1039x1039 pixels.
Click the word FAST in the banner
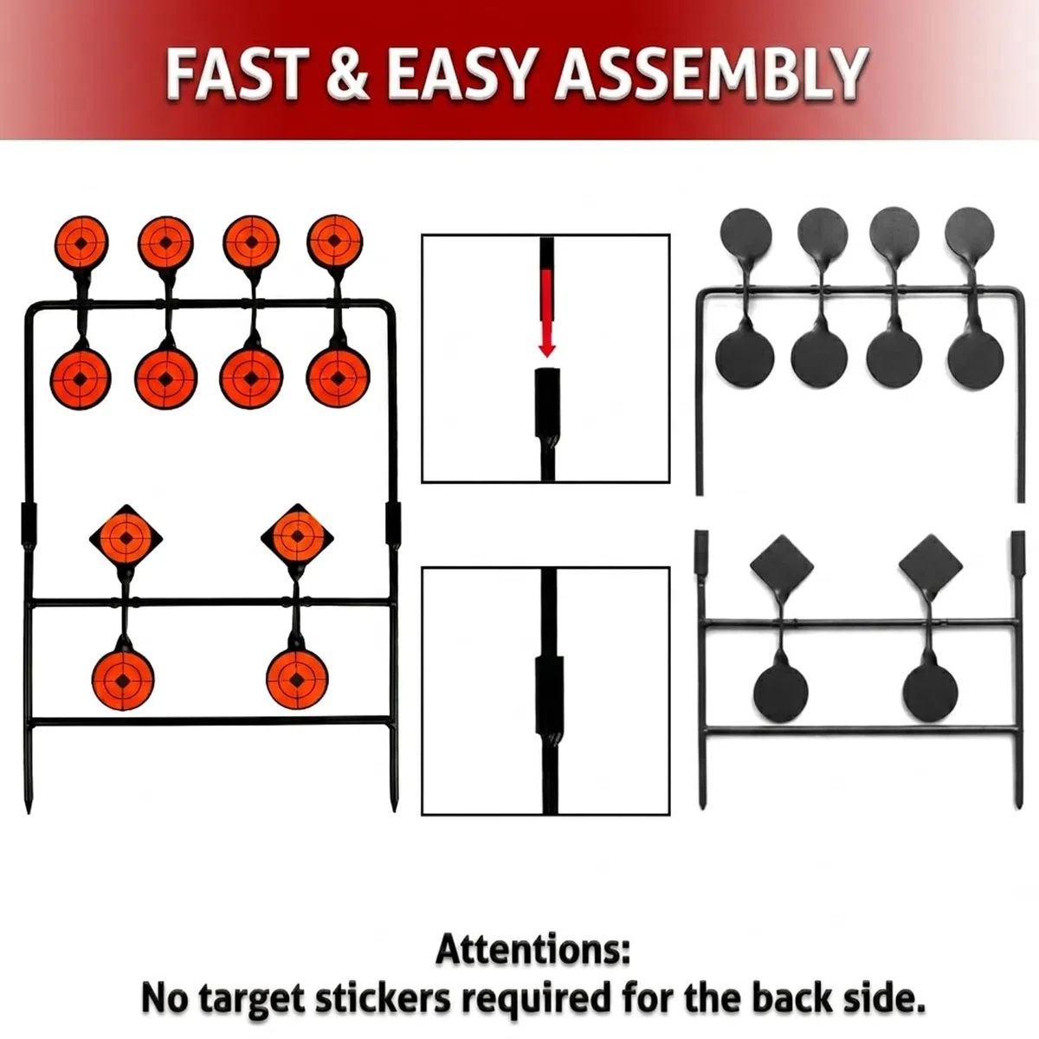tap(237, 74)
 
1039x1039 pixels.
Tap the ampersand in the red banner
tap(348, 74)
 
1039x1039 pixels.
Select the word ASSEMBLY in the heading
tap(713, 74)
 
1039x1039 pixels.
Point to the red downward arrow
tap(546, 313)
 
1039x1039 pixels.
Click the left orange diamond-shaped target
tap(126, 537)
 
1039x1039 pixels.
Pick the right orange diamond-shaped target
tap(297, 536)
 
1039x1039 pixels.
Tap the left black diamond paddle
tap(782, 565)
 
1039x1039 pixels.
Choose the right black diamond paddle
tap(931, 565)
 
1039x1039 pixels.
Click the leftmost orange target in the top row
tap(81, 242)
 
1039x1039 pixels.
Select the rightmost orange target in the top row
tap(335, 241)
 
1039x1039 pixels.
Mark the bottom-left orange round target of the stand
tap(123, 680)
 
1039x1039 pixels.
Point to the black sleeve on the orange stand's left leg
tap(29, 524)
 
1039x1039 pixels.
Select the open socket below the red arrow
tap(547, 402)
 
